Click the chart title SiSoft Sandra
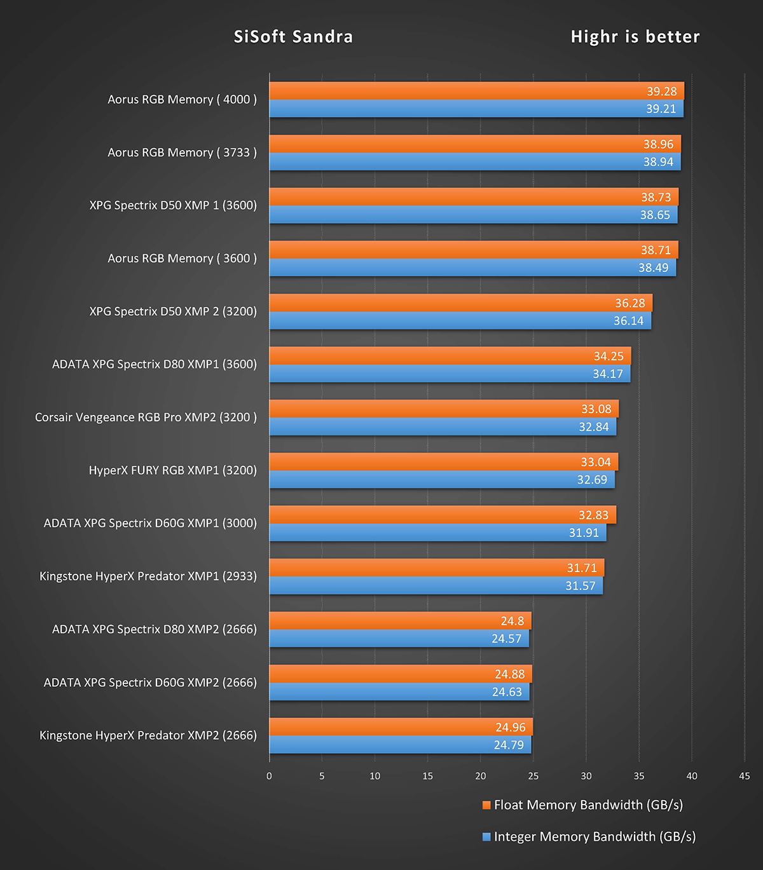pyautogui.click(x=293, y=37)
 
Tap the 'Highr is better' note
pyautogui.click(x=635, y=37)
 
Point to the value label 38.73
pyautogui.click(x=656, y=198)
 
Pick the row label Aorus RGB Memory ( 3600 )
pyautogui.click(x=182, y=259)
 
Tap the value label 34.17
pyautogui.click(x=607, y=374)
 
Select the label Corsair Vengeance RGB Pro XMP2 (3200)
pyautogui.click(x=146, y=418)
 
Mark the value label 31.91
pyautogui.click(x=584, y=533)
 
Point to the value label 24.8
pyautogui.click(x=512, y=621)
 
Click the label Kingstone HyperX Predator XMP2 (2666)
pyautogui.click(x=148, y=735)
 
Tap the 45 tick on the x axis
pyautogui.click(x=744, y=776)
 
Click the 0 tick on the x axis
pyautogui.click(x=269, y=776)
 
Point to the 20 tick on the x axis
pyautogui.click(x=480, y=776)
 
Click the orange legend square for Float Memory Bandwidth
pyautogui.click(x=486, y=805)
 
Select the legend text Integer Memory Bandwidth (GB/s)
pyautogui.click(x=595, y=837)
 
